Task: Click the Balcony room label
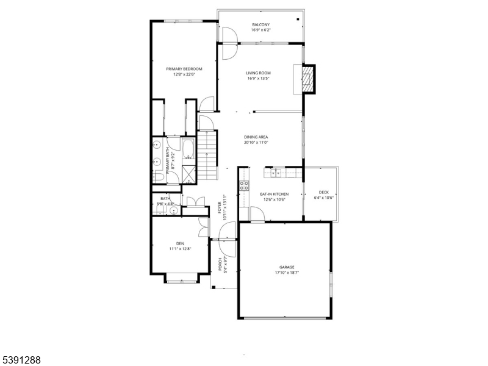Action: point(260,24)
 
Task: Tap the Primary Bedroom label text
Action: point(184,69)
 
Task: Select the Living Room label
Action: point(258,73)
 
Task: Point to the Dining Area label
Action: point(256,137)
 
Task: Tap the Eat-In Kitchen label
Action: point(274,194)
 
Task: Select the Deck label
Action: point(323,192)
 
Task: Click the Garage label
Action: point(287,267)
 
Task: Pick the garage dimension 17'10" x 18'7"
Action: point(287,273)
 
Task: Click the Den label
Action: point(181,243)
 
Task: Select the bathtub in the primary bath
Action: point(187,150)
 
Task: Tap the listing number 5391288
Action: point(21,360)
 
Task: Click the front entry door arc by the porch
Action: point(226,231)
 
